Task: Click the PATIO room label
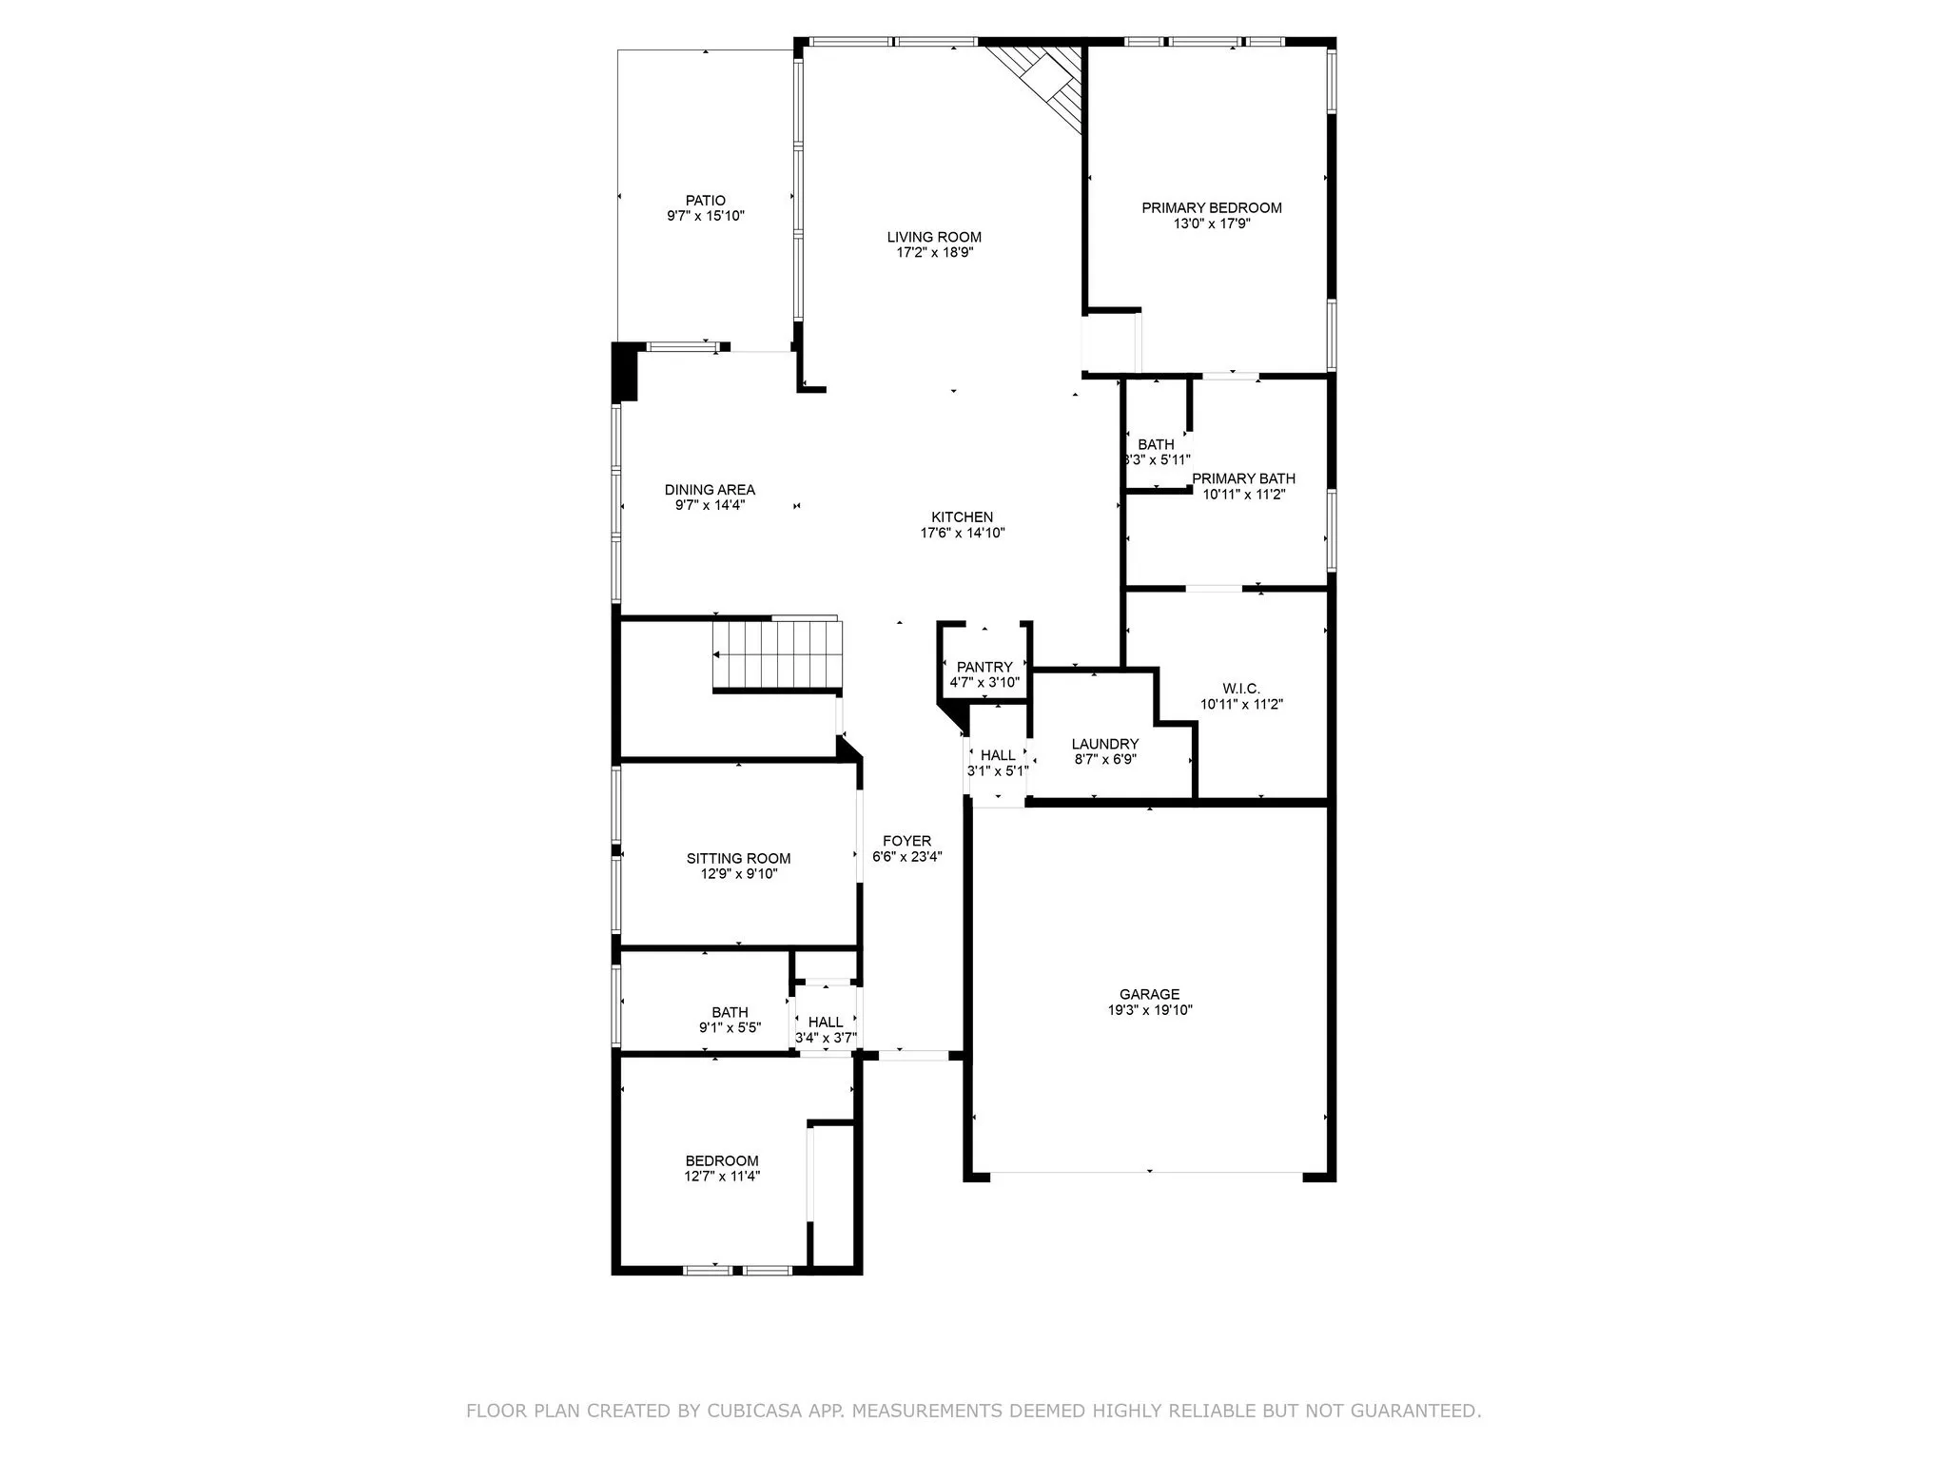705,201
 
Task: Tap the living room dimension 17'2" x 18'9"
934,253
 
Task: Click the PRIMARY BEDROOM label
1211,208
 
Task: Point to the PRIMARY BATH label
1243,478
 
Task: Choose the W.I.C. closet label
1240,689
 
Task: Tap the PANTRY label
984,667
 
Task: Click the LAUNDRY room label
1104,744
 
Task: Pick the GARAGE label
1149,994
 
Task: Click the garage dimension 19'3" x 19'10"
1149,1010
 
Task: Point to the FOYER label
906,841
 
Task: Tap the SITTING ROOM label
738,858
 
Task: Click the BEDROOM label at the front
722,1160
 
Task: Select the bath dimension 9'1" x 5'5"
730,1027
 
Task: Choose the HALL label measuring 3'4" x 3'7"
825,1023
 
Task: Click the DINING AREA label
710,490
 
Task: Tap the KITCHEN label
962,517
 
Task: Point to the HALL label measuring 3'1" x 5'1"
998,755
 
